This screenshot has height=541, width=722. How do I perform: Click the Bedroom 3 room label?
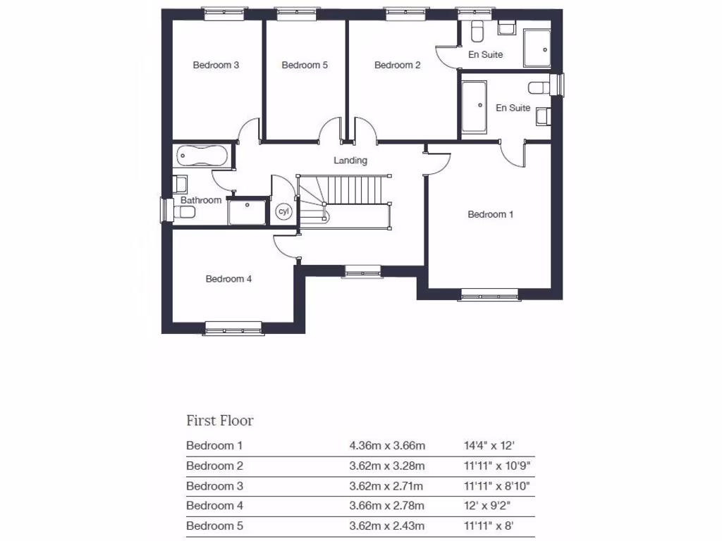tap(216, 65)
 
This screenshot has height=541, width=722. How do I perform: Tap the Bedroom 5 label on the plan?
tap(305, 65)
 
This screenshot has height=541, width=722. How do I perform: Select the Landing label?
tap(350, 160)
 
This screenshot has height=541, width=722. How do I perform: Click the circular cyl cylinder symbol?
tap(284, 211)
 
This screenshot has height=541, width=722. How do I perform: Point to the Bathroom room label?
tap(201, 200)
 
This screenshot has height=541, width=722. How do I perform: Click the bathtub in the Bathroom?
tap(201, 154)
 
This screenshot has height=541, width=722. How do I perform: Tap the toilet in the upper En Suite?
tap(476, 32)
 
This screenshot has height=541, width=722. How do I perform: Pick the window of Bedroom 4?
tap(233, 327)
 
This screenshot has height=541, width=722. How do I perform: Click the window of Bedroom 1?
tap(489, 294)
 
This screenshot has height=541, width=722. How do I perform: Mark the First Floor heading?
tap(219, 421)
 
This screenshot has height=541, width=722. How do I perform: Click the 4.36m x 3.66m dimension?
tap(387, 445)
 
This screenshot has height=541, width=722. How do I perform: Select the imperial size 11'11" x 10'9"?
tap(498, 466)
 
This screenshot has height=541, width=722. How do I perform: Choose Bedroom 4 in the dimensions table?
tap(214, 505)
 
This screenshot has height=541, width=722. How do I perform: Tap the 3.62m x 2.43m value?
tap(387, 526)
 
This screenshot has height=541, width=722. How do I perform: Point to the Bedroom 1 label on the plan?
tap(491, 214)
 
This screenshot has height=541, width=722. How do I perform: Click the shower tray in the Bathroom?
tap(247, 212)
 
